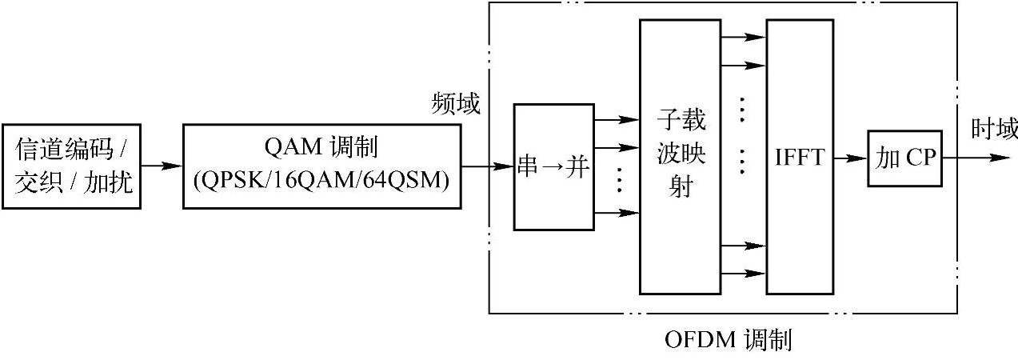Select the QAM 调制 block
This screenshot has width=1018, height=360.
(321, 166)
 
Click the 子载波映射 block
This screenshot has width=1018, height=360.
(680, 157)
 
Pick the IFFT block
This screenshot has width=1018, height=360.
(800, 157)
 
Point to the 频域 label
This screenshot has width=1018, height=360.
(456, 103)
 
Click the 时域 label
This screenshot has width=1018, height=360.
(994, 128)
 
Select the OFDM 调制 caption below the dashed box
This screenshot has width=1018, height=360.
(728, 341)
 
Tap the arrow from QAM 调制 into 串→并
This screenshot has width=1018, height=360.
(487, 166)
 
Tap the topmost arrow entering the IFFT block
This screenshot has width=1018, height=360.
(744, 37)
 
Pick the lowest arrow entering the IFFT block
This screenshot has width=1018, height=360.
(744, 274)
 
